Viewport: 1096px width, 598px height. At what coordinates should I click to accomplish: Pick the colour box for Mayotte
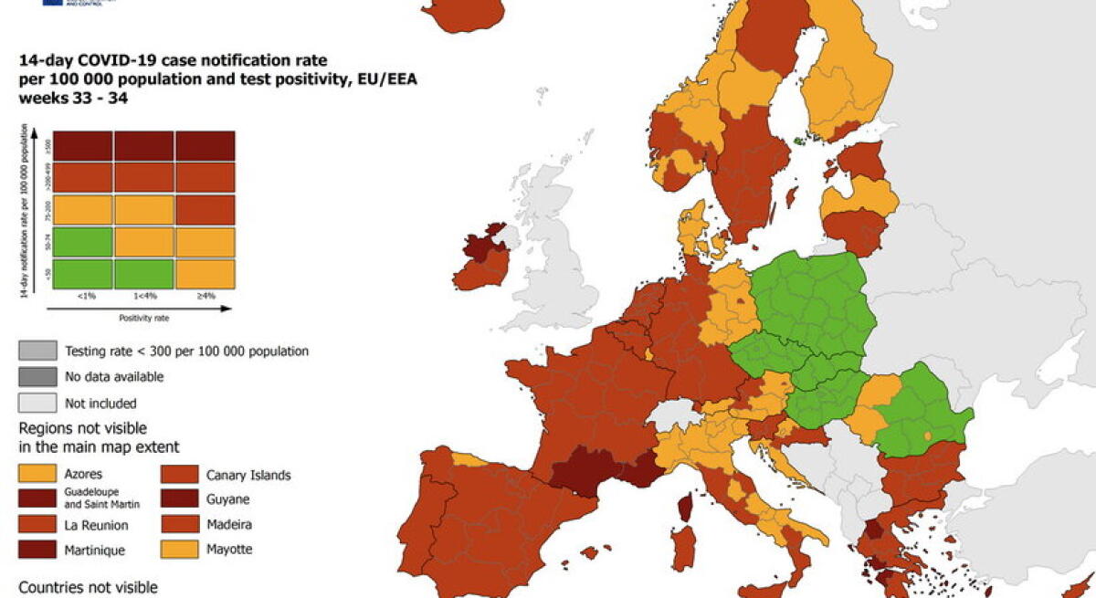pos(179,550)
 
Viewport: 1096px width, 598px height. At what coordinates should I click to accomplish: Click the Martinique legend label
pos(96,550)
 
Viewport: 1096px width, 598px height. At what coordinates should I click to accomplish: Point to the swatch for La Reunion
pos(37,525)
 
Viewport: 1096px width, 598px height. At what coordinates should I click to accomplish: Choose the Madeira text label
pos(228,525)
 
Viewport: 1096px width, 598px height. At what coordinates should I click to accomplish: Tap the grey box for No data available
pos(37,376)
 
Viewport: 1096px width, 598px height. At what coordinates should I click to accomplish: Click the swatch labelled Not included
pos(37,403)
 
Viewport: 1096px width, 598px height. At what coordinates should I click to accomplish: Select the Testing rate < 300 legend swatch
pos(37,351)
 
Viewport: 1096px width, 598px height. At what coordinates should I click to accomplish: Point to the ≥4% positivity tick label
pos(205,296)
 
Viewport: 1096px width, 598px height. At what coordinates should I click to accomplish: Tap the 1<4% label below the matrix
pos(143,296)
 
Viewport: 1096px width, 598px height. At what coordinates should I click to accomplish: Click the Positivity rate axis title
pos(143,319)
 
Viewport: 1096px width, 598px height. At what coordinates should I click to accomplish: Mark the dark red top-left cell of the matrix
pos(83,145)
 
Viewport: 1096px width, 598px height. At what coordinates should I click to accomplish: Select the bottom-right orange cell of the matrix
pos(205,274)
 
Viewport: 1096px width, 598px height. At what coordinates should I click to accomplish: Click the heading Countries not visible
pos(88,587)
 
